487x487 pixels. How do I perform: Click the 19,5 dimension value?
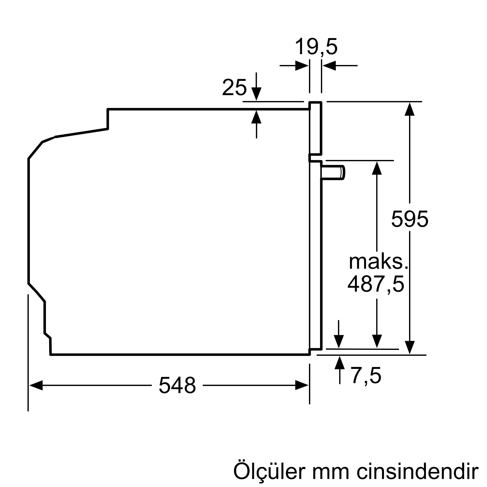click(316, 47)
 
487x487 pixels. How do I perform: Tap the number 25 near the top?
click(234, 87)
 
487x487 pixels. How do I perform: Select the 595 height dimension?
click(410, 219)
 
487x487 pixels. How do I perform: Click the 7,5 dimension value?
click(366, 376)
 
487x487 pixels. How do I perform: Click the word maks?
click(378, 262)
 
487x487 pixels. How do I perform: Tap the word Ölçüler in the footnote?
click(269, 471)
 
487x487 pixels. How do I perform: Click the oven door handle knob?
click(333, 173)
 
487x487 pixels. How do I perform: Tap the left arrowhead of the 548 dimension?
click(36, 385)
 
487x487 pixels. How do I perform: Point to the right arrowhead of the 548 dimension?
click(302, 385)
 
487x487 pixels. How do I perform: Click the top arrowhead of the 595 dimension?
click(410, 109)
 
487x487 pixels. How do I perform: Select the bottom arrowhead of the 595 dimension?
click(410, 347)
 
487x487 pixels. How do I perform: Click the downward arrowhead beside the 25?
click(256, 94)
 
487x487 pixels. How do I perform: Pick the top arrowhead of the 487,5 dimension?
click(377, 168)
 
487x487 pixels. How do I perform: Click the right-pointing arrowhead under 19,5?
click(302, 66)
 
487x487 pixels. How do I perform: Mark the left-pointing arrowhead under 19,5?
click(329, 66)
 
